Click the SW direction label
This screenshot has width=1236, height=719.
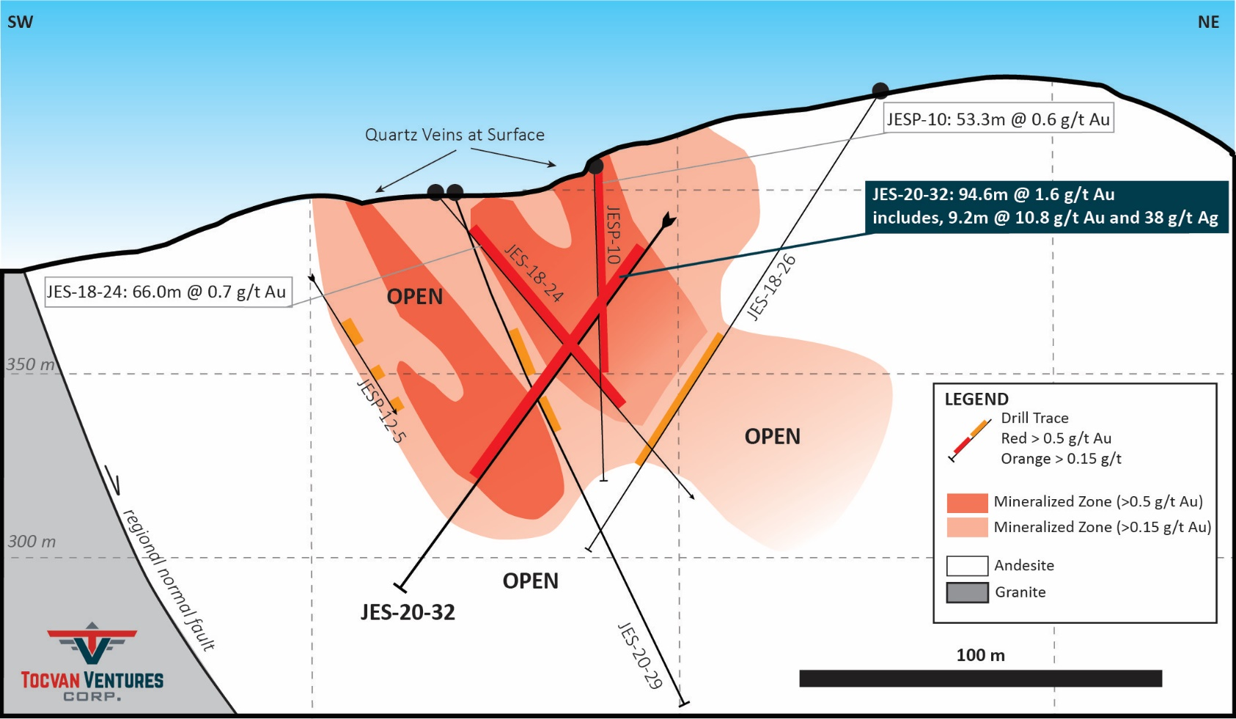(x=20, y=22)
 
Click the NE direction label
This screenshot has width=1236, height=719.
(x=1208, y=22)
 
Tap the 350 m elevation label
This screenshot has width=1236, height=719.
(x=31, y=364)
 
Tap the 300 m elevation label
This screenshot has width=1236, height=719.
(x=32, y=542)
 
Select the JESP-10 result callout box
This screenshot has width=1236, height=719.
(x=998, y=118)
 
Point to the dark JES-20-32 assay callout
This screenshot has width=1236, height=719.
(x=1046, y=207)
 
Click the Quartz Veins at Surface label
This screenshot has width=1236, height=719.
(x=455, y=135)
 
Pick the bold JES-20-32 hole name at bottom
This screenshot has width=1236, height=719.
(x=408, y=612)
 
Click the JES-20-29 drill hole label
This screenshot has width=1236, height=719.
(x=639, y=655)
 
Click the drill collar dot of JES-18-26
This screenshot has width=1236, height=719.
(x=880, y=91)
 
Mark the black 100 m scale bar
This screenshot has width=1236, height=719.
(x=981, y=678)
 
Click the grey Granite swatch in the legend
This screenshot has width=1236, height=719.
(x=967, y=593)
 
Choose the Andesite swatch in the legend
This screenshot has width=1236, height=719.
(x=967, y=566)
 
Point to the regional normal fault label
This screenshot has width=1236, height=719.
(x=168, y=580)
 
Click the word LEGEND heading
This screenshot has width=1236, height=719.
(x=976, y=399)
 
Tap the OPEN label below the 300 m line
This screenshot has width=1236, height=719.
(x=530, y=581)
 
